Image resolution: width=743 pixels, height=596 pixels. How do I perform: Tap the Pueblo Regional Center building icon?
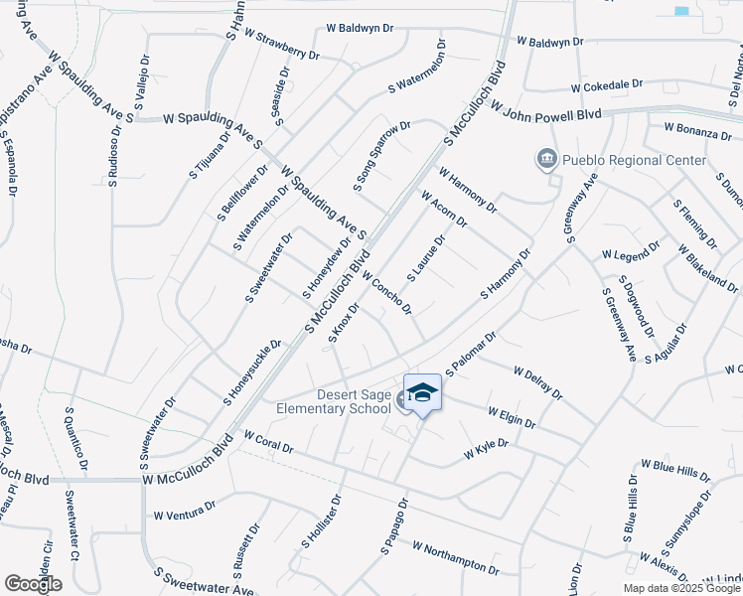coord(545,160)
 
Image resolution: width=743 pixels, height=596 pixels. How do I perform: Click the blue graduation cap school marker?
coord(422,392)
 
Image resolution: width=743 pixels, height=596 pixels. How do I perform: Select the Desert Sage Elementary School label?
coord(340,401)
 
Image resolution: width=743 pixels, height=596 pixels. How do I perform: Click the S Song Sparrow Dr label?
coord(381,156)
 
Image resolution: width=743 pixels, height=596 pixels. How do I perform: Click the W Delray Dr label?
coord(537,383)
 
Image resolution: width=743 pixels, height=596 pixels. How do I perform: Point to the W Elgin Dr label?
coord(512,417)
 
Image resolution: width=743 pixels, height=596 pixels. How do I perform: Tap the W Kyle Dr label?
coord(487,449)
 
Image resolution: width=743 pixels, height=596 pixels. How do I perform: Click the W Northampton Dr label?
coord(456,558)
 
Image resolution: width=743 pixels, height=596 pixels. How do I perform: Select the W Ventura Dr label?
coord(185,512)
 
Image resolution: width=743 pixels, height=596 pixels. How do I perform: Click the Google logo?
coord(33,584)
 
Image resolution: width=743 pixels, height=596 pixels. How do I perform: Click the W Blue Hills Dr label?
coord(675,470)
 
